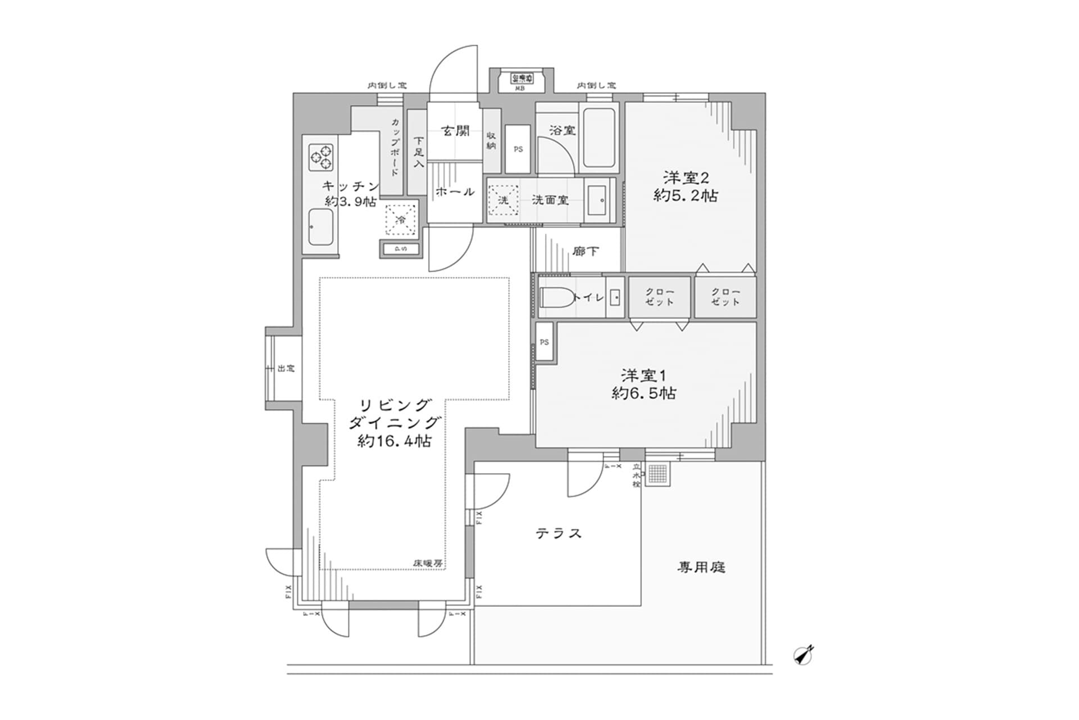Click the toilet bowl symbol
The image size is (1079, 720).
pyautogui.click(x=556, y=297)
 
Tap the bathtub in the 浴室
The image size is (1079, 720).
pyautogui.click(x=600, y=138)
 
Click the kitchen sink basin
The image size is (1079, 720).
pyautogui.click(x=321, y=226)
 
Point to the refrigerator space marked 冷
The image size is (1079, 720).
pyautogui.click(x=401, y=220)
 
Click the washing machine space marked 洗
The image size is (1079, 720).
pyautogui.click(x=504, y=200)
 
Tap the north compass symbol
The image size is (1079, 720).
pyautogui.click(x=804, y=655)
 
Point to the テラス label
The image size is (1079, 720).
pyautogui.click(x=558, y=533)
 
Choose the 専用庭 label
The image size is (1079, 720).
pyautogui.click(x=701, y=568)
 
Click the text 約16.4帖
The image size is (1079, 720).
pyautogui.click(x=395, y=442)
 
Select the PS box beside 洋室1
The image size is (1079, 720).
pyautogui.click(x=544, y=342)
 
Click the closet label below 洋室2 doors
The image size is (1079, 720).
pyautogui.click(x=726, y=297)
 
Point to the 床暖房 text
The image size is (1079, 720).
pyautogui.click(x=428, y=563)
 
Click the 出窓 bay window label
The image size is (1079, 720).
pyautogui.click(x=286, y=369)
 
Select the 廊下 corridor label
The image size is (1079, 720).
pyautogui.click(x=586, y=251)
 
